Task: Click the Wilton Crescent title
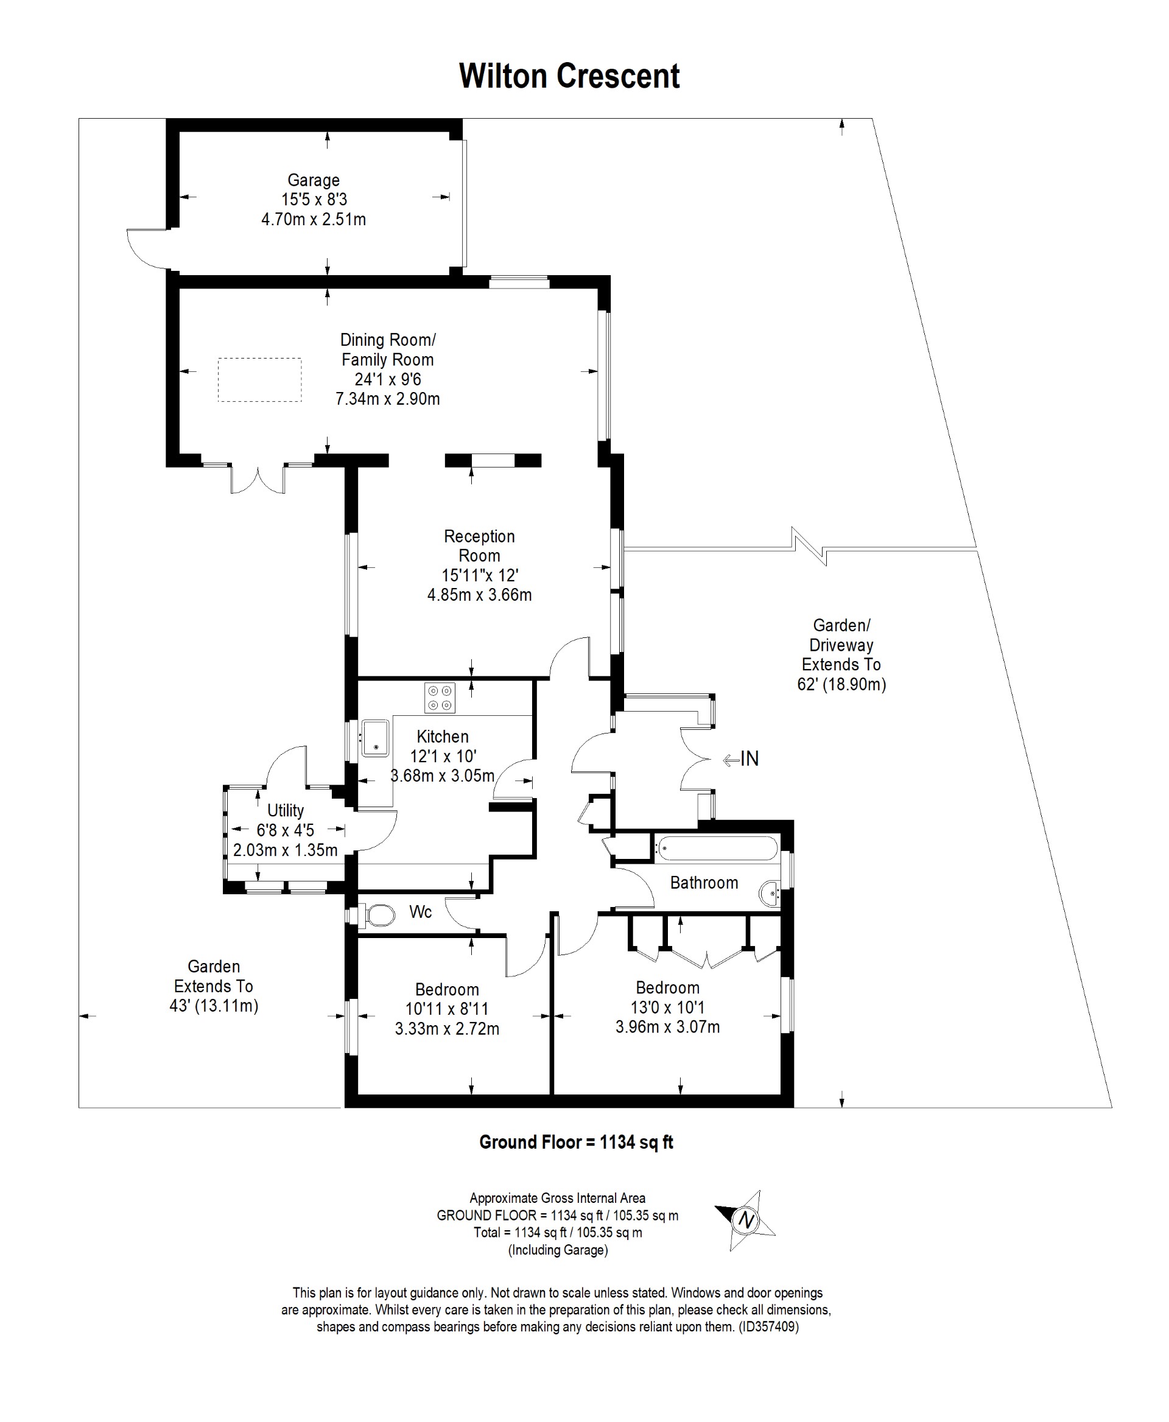coord(569,76)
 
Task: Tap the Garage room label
coord(314,180)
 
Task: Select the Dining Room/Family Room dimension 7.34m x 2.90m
coord(388,399)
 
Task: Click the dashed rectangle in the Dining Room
coord(259,380)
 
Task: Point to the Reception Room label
coord(479,545)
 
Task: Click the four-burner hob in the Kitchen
coord(440,698)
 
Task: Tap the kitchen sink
coord(375,738)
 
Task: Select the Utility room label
coord(286,810)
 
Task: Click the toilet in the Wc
coord(380,916)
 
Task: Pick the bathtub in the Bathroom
coord(717,848)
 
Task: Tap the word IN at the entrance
coord(749,759)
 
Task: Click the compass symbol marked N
coord(745,1220)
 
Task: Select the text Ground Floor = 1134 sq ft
coord(577,1142)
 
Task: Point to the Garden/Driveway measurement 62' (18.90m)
coord(841,684)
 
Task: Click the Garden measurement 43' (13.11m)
coord(214,1006)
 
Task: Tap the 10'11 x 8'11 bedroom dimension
coord(447,1009)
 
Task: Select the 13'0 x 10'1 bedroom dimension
coord(668,1007)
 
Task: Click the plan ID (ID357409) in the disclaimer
coord(768,1327)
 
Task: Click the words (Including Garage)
coord(558,1250)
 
